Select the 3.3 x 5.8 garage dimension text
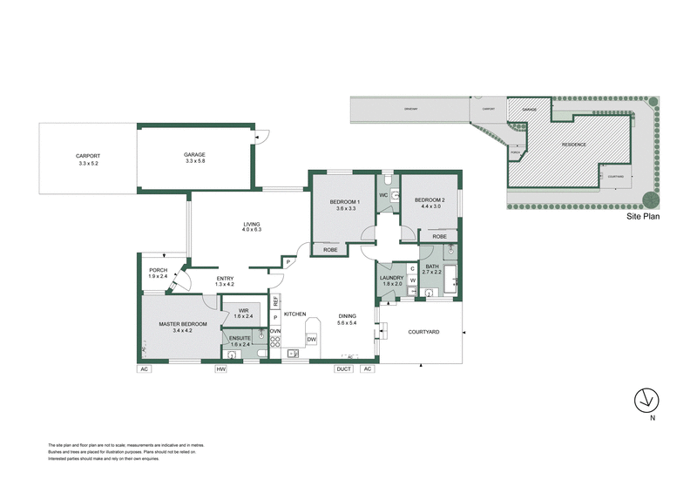point(194,161)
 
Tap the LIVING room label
point(251,225)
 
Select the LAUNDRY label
point(390,277)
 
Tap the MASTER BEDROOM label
point(182,324)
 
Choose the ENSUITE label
point(240,338)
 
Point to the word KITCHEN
point(294,313)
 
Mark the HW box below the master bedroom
point(221,369)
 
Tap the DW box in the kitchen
point(312,340)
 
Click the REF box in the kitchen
point(275,301)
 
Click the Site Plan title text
point(643,218)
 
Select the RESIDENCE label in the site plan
point(572,145)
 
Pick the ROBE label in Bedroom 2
point(439,236)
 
